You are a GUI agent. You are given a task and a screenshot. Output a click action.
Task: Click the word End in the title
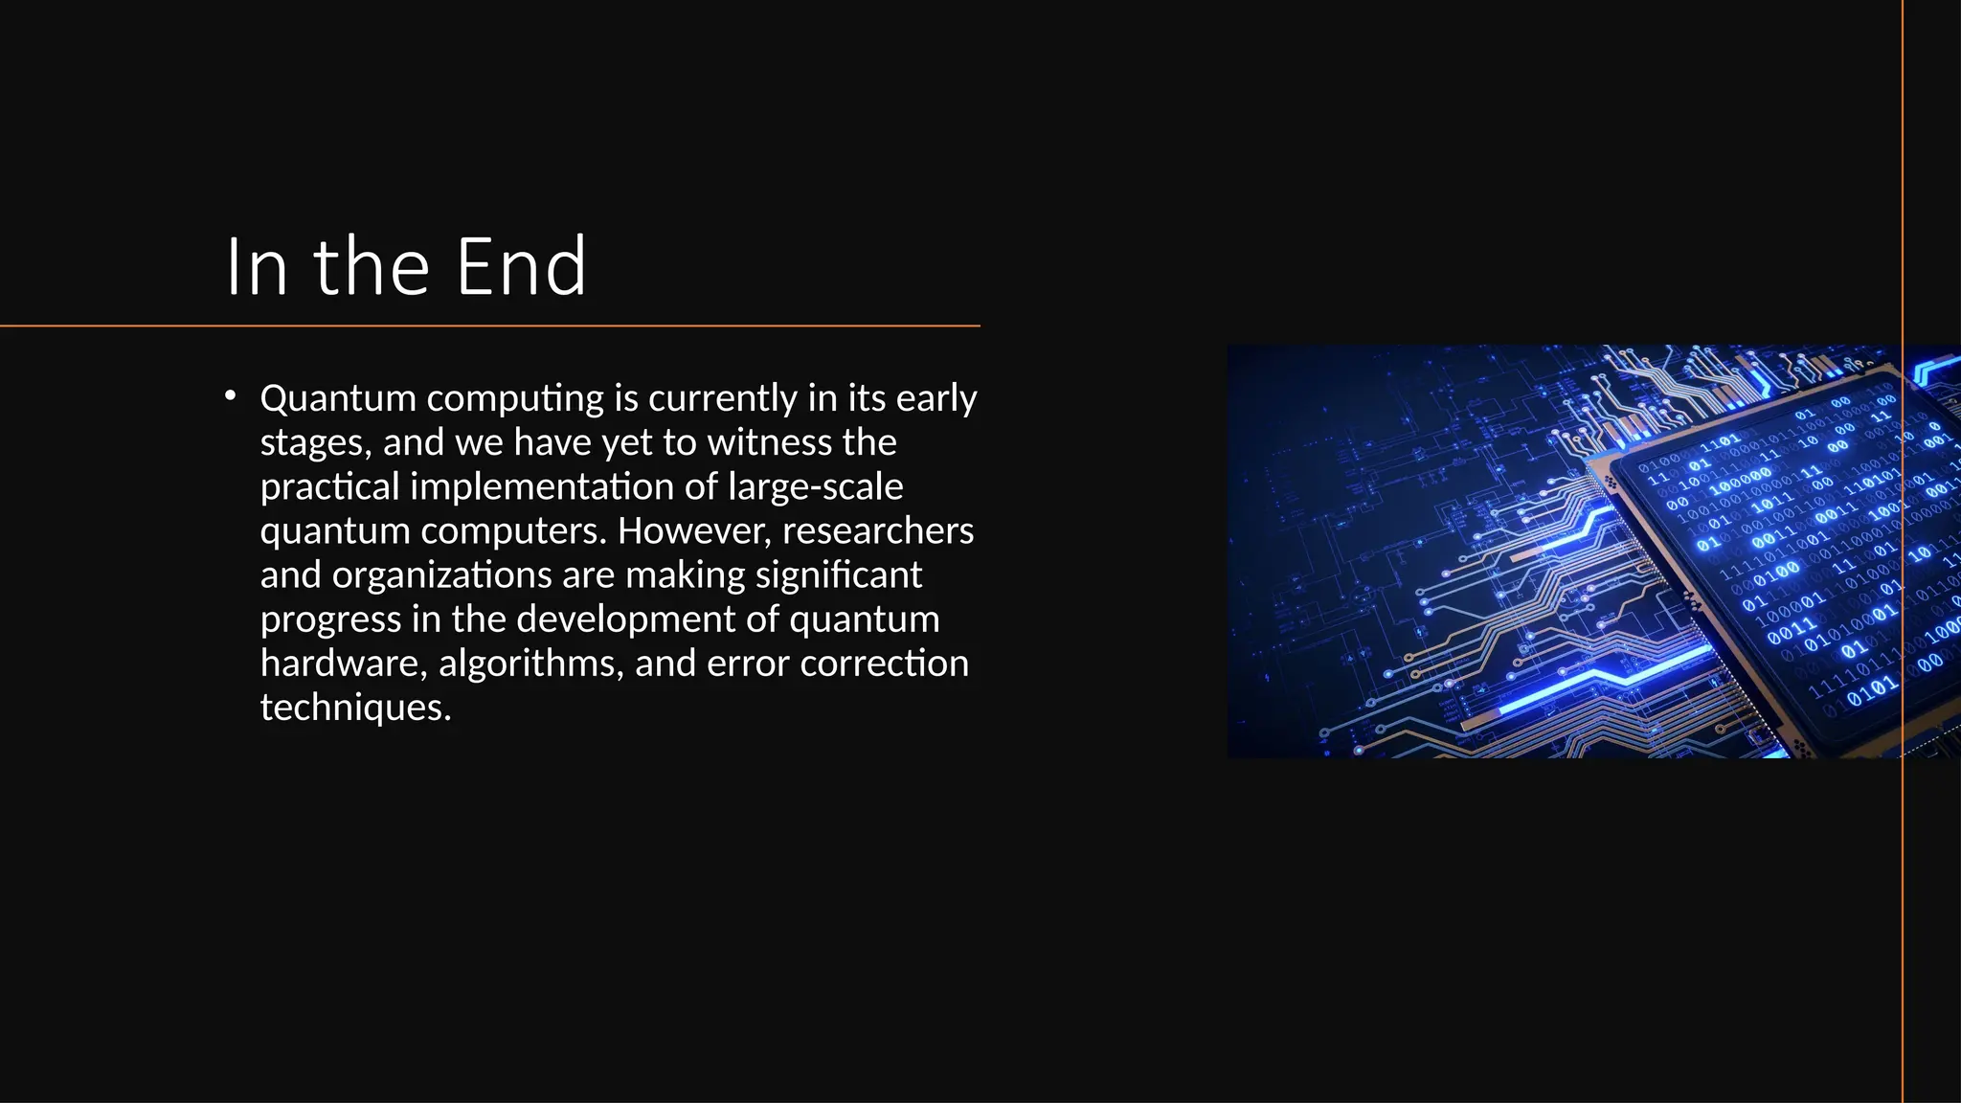pos(521,267)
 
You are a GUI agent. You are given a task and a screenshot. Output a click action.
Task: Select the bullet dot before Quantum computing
pos(230,395)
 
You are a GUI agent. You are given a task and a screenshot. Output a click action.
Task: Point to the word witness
pos(770,442)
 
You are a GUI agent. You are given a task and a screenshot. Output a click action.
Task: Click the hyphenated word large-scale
pos(815,487)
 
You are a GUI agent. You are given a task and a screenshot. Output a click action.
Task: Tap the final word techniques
pos(355,708)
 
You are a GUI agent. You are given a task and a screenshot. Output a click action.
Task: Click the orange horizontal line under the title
pos(490,326)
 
